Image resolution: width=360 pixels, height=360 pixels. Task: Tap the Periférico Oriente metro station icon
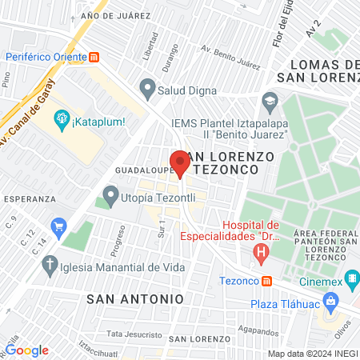coord(95,57)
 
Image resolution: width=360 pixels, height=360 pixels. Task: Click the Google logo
coord(27,350)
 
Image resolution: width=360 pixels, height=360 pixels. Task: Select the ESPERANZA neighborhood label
coord(29,197)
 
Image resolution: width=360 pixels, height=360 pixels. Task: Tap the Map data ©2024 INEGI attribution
coord(313,354)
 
